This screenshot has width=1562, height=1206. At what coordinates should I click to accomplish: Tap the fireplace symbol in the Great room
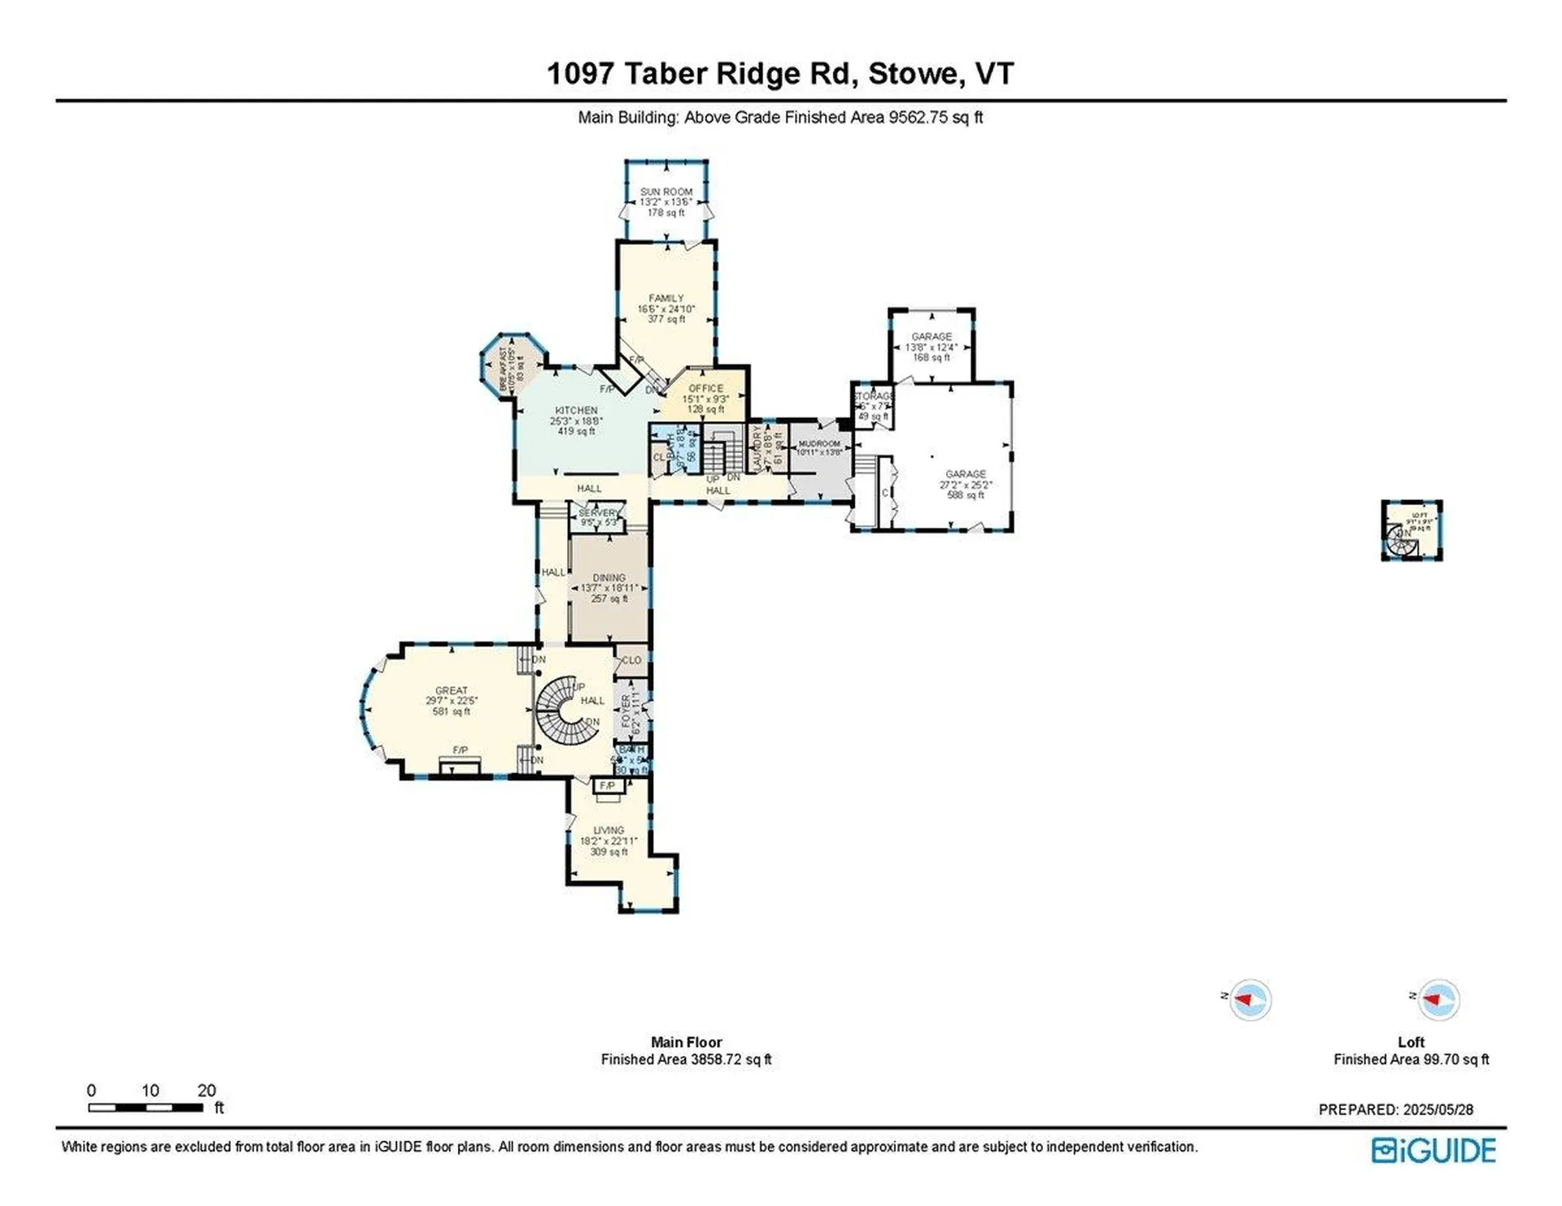coord(460,764)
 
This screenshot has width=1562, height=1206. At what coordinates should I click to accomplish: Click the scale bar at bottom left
coord(146,1107)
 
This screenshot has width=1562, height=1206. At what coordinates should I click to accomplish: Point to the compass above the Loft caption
coord(1438,999)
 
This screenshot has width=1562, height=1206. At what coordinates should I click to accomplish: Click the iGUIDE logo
coord(1433,1150)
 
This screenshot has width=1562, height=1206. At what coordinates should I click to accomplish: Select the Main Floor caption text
coord(686,1042)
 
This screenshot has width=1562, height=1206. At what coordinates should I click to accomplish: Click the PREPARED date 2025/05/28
coord(1395,1109)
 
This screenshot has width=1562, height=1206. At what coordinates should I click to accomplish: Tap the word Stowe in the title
coord(912,73)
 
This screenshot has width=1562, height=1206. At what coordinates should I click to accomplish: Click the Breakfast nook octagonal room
coord(513,365)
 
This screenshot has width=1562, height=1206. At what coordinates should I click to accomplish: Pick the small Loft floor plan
coord(1411,530)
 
